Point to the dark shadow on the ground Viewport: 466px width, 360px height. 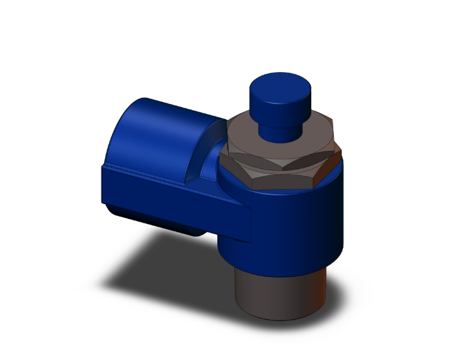157,275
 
